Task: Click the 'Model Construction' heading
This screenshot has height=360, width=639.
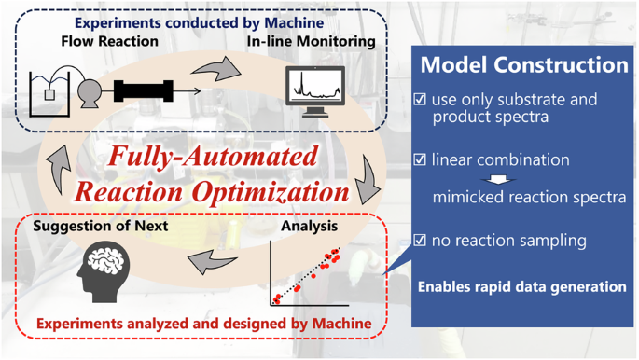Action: click(524, 65)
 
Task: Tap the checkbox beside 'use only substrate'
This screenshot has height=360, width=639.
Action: click(420, 100)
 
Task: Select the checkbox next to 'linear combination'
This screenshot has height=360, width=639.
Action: click(420, 160)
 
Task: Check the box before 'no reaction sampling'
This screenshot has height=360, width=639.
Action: click(420, 241)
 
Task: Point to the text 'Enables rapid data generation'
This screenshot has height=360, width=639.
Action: click(521, 286)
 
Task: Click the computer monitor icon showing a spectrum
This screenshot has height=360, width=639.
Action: click(314, 90)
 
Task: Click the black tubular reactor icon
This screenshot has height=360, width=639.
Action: click(143, 91)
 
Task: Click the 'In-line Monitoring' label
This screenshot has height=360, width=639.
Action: click(311, 41)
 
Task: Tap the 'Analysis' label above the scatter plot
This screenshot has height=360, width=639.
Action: click(310, 226)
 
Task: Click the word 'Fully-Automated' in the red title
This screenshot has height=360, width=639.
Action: click(213, 157)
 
